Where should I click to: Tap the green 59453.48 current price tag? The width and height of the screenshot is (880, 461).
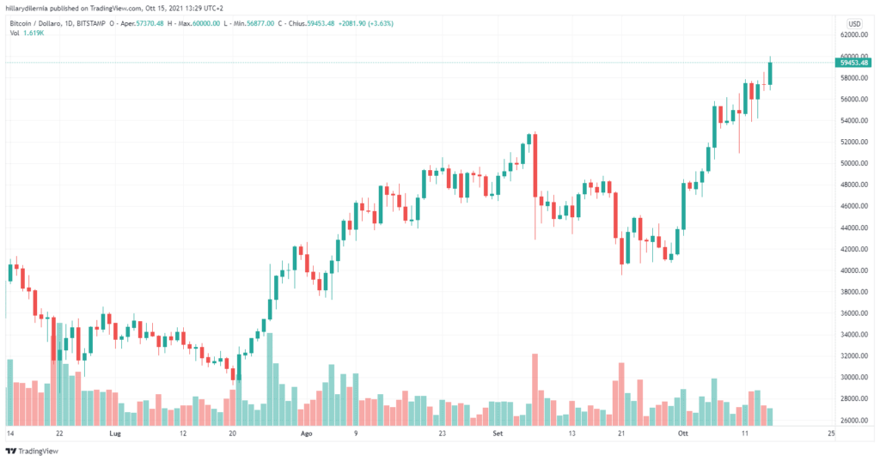click(x=852, y=62)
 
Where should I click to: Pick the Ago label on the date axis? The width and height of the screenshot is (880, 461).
click(x=307, y=434)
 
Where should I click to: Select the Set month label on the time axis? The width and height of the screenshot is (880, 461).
click(x=498, y=434)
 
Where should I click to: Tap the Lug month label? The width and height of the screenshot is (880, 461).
click(x=118, y=434)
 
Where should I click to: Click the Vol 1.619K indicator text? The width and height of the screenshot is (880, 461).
click(x=27, y=33)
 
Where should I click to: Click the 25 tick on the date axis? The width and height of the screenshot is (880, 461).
click(x=829, y=434)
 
